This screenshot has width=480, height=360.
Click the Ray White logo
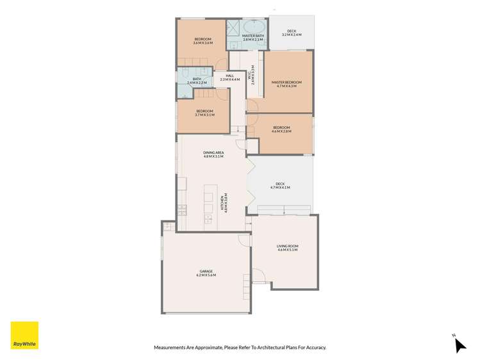[x=24, y=335]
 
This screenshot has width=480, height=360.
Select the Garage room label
[x=206, y=273]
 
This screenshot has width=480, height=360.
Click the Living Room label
[x=288, y=248]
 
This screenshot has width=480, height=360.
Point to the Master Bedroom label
[x=286, y=84]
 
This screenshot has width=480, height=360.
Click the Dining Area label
[x=213, y=154]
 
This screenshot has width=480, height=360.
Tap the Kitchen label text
[x=224, y=203]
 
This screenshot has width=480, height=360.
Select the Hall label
[x=229, y=78]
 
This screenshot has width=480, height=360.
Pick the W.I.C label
[x=254, y=74]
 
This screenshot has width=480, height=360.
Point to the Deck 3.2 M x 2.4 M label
[x=292, y=33]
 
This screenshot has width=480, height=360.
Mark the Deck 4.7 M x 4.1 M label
[x=280, y=186]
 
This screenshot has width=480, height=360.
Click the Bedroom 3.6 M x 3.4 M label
[x=203, y=41]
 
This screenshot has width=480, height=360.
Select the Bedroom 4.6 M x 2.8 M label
[x=281, y=129]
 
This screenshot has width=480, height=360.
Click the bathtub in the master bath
[x=254, y=26]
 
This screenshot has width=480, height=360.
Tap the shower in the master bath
[x=233, y=30]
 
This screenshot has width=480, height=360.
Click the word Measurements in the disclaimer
[x=172, y=348]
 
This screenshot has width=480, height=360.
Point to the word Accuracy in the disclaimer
[x=314, y=348]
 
